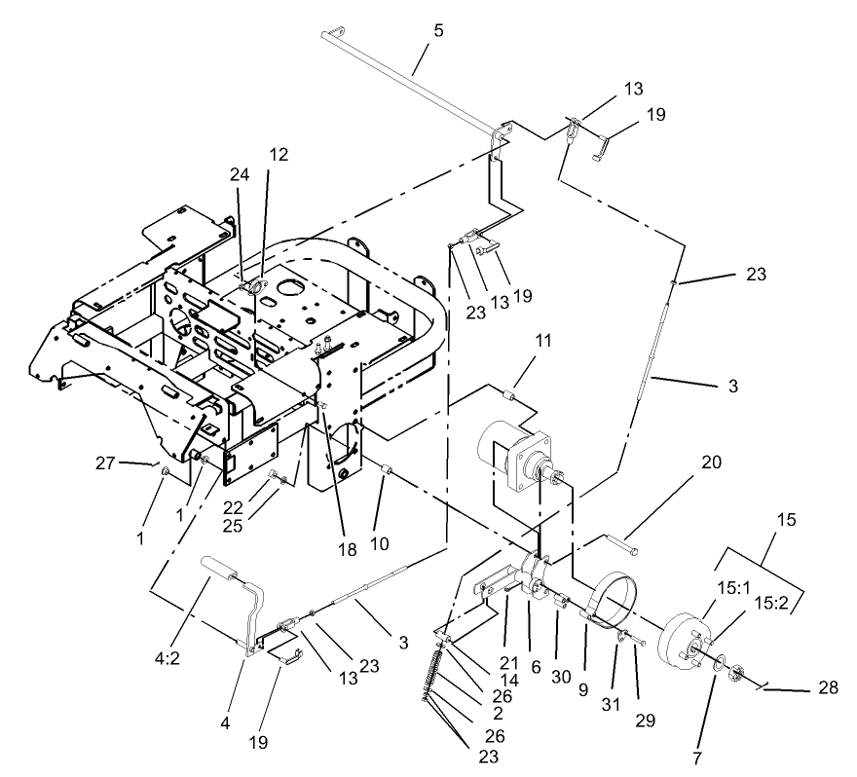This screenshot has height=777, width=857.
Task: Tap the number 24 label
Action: click(x=239, y=175)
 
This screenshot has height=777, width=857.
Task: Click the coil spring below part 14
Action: click(x=435, y=672)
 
